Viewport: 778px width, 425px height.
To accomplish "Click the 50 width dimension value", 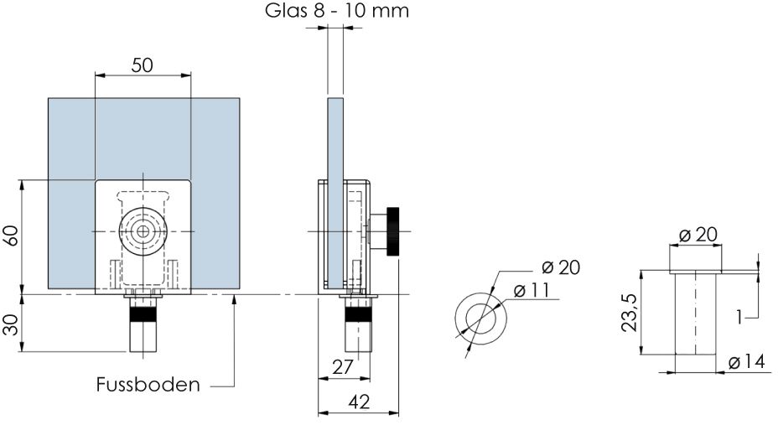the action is [143, 65].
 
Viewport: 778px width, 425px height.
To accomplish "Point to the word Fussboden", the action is [148, 384].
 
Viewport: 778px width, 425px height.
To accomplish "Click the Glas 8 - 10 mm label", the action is [337, 10].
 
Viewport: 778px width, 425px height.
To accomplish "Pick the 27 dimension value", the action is [342, 367].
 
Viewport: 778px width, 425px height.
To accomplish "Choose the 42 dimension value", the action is [359, 402].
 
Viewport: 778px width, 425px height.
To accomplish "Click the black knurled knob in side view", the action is [393, 231].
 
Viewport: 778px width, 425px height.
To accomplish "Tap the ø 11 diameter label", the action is [531, 291].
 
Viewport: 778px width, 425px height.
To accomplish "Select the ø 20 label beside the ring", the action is [561, 267].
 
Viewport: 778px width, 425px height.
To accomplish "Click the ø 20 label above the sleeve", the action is [698, 235].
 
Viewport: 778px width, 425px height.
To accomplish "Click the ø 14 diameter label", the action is [747, 362].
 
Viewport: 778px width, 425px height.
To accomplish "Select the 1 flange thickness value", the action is [739, 316].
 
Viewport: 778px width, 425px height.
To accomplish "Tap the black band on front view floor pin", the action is [143, 314].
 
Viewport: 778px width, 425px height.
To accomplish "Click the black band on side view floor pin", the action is [358, 314].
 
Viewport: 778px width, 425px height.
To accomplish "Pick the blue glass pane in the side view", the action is [335, 194].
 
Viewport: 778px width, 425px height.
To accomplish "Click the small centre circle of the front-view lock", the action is [143, 231].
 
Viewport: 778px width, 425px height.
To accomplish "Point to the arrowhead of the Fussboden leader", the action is [234, 298].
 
